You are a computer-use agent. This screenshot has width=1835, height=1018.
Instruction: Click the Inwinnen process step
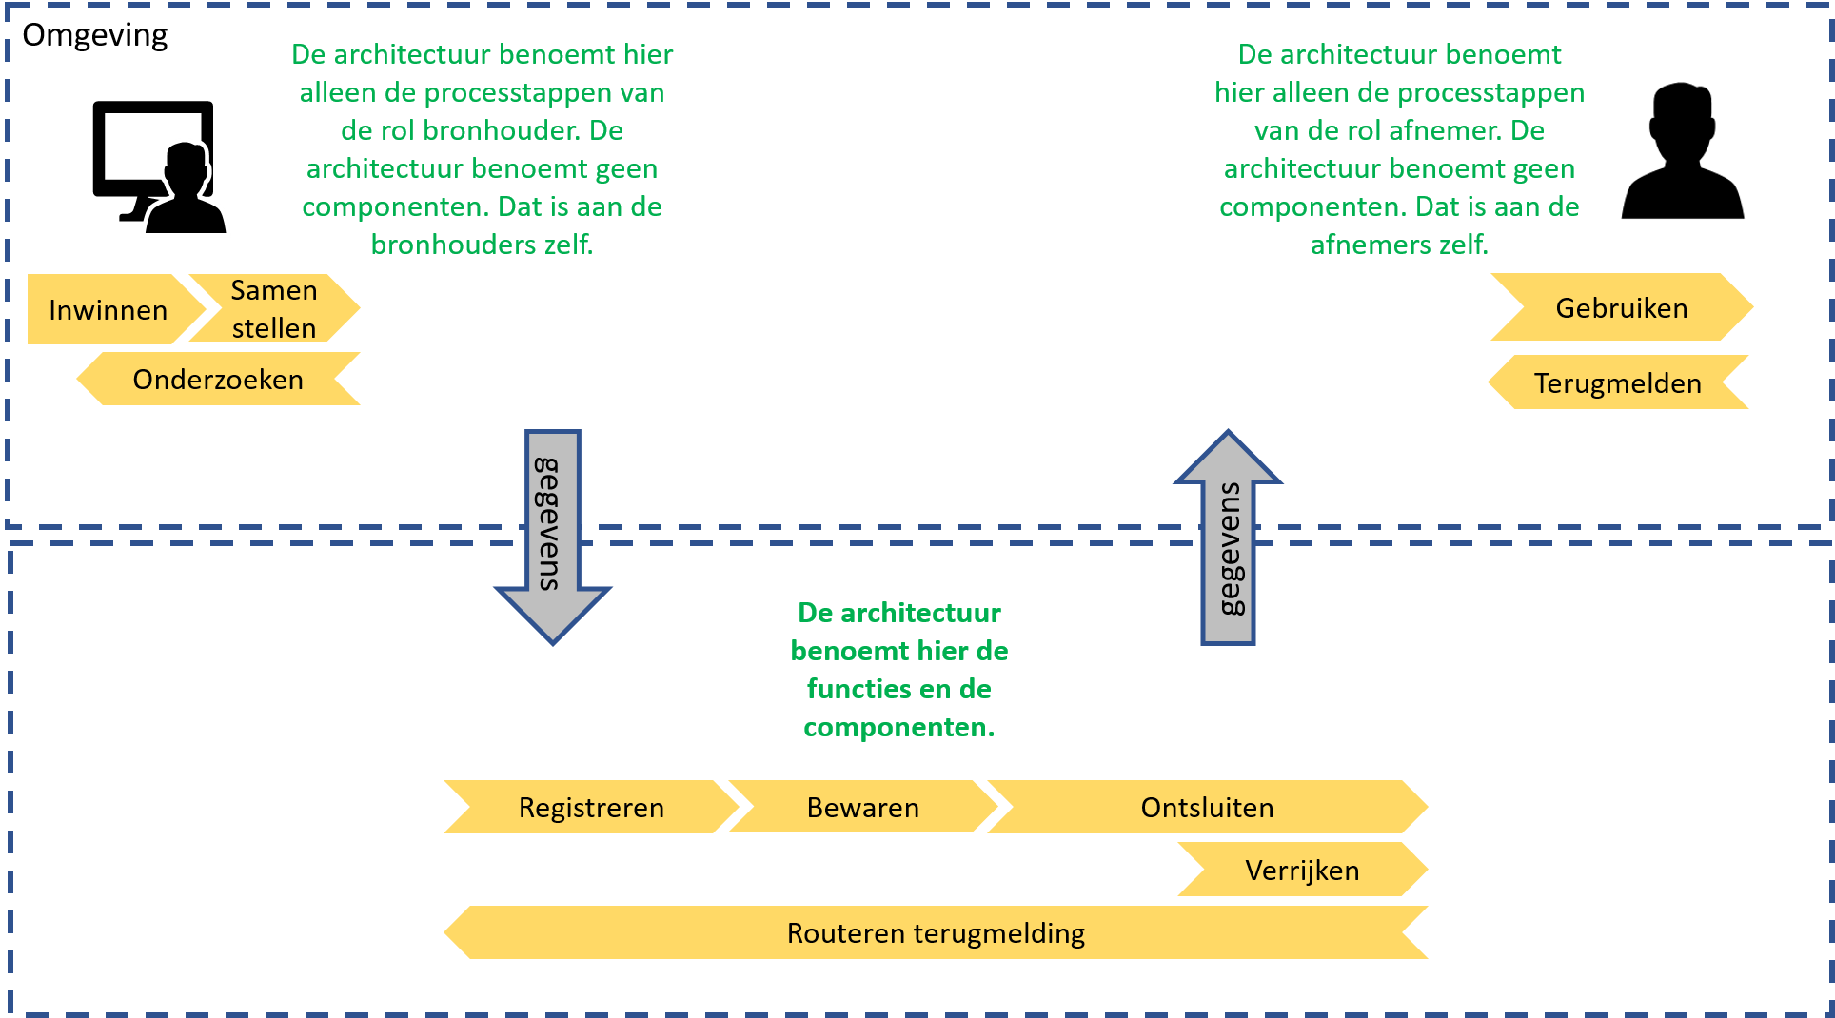(114, 309)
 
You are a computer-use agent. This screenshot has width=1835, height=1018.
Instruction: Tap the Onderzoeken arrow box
(218, 379)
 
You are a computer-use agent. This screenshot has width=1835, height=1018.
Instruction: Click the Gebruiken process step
(1622, 307)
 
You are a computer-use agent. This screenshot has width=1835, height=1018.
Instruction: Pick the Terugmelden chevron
(1618, 382)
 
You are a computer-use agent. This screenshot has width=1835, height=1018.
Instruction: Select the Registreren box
(591, 807)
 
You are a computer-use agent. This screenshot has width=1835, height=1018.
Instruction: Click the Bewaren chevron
(862, 807)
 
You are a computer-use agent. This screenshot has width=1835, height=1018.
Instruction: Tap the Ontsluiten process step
(1207, 807)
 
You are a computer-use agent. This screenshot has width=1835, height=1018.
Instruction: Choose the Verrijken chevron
(1303, 870)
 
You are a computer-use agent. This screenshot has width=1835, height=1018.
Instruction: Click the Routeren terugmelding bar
(937, 932)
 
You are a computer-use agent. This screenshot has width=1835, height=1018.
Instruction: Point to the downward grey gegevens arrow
(553, 537)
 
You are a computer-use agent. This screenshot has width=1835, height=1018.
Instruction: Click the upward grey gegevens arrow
(1228, 538)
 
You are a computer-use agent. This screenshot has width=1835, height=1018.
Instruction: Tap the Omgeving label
(95, 35)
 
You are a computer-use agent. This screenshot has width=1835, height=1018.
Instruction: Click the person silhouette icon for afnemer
(1683, 151)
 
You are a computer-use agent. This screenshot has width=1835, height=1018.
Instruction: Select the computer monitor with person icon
(159, 166)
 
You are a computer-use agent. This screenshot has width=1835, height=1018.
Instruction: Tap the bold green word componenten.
(898, 728)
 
